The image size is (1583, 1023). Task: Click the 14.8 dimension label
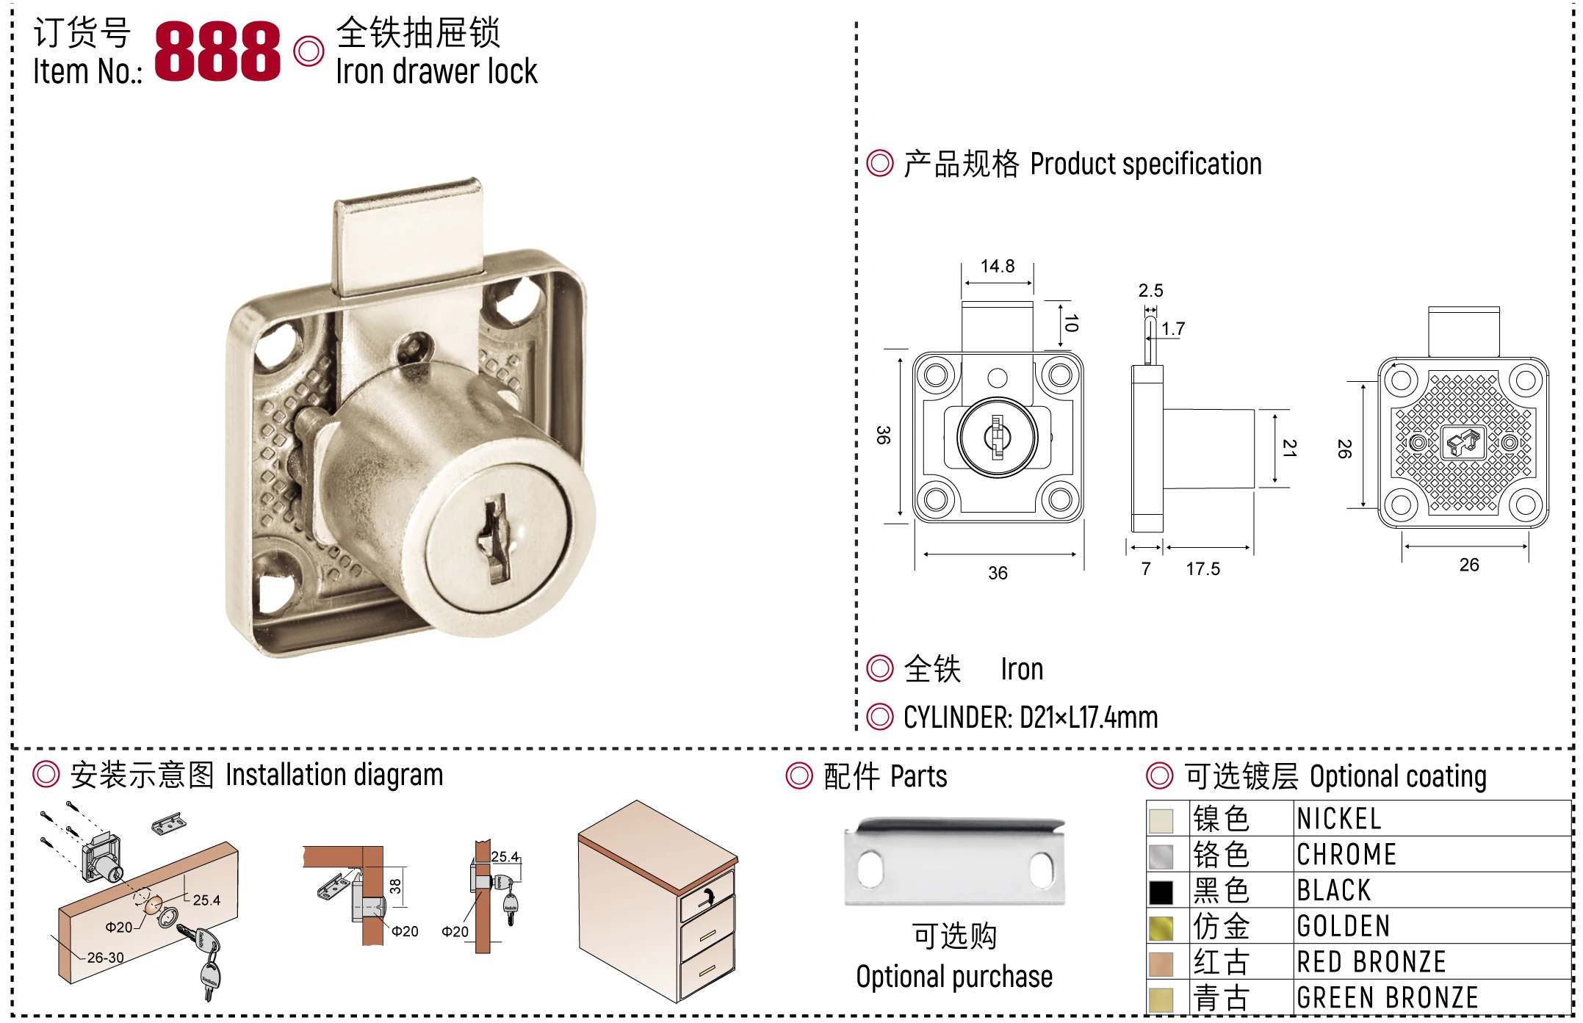pos(998,266)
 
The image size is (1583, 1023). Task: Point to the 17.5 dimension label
pos(1203,568)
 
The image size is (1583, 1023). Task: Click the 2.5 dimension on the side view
pos(1151,291)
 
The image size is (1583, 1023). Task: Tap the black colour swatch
pos(1161,892)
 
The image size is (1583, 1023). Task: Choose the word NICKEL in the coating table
pos(1339,818)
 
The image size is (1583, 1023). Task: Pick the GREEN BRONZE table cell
pos(1388,997)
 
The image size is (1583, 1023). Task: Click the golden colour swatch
pos(1161,928)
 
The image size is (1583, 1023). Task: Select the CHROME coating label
pos(1346,854)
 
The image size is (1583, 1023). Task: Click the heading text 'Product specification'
pos(1146,164)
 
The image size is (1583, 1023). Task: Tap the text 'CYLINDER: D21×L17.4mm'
pos(1031,717)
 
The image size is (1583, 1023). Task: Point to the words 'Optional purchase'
pos(954,977)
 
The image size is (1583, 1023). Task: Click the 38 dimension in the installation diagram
pos(395,886)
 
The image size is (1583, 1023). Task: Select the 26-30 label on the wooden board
pos(106,958)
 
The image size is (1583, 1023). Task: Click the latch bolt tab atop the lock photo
pos(408,235)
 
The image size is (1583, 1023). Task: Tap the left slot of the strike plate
pos(870,869)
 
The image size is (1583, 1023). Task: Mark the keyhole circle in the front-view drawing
pos(997,437)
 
